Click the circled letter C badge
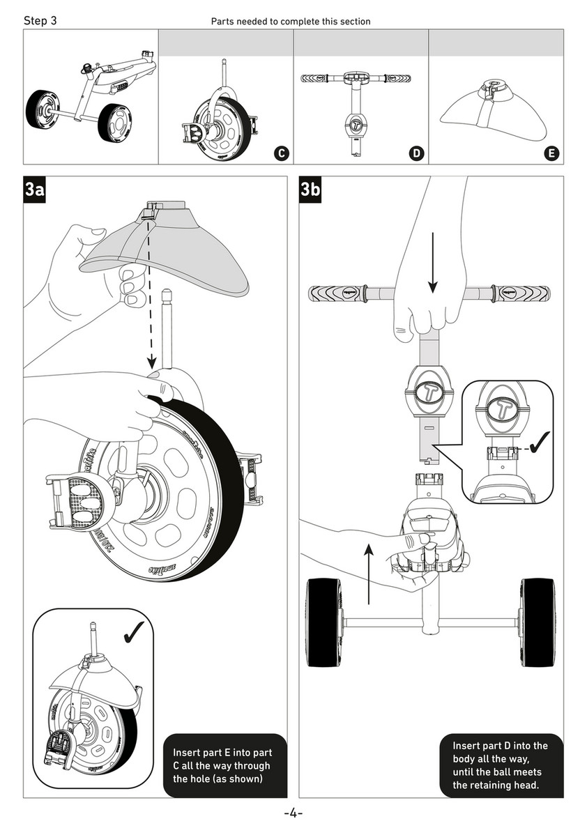281,153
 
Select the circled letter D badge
417,153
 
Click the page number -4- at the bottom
293,813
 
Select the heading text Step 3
40,21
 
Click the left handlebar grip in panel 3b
337,293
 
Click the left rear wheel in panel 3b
324,621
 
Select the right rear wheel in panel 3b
538,621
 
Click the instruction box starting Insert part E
224,765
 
